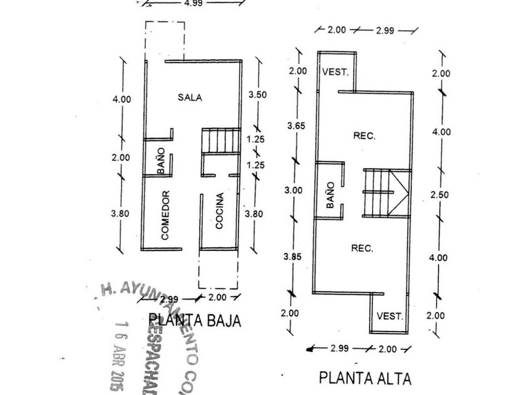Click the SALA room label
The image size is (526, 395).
coord(190,97)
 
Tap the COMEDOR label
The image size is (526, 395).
coord(166,215)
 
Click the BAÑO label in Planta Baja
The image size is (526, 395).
coord(160,161)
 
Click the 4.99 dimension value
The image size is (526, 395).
coord(193,3)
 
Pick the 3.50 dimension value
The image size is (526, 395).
coord(257,95)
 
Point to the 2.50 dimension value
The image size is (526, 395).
coord(440,195)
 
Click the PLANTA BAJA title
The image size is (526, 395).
coord(195,321)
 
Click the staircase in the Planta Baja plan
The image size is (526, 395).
coord(221,141)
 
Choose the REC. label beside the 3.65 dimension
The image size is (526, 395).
coord(364,136)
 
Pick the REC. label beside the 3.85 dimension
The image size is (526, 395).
coord(362,248)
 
